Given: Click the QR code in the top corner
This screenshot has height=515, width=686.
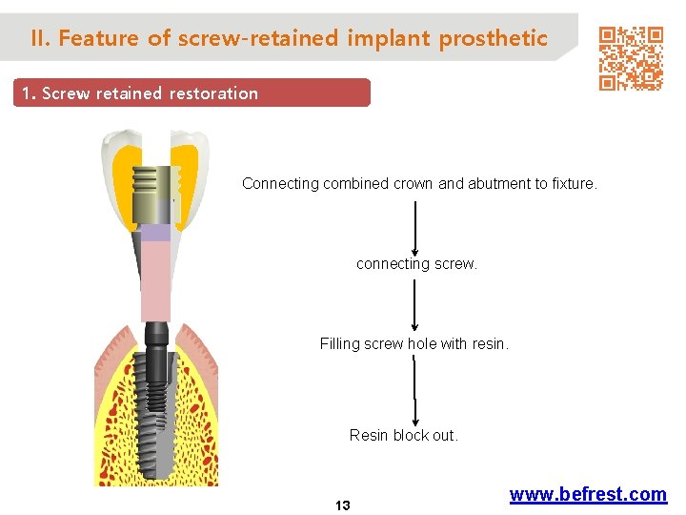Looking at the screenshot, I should point(631,57).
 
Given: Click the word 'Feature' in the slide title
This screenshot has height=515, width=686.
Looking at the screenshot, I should point(98,38).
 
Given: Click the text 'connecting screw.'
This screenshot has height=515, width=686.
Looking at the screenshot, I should point(416,263).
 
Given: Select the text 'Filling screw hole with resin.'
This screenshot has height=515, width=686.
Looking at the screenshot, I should point(414,343).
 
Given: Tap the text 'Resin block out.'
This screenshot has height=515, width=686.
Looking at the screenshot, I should point(404,435).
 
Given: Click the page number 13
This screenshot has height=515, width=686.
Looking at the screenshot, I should point(343,505).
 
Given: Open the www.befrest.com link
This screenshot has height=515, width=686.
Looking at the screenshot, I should point(588,494).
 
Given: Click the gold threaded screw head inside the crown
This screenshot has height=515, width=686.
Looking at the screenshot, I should point(155,181).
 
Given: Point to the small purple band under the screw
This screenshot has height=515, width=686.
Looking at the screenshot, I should point(155,232).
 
